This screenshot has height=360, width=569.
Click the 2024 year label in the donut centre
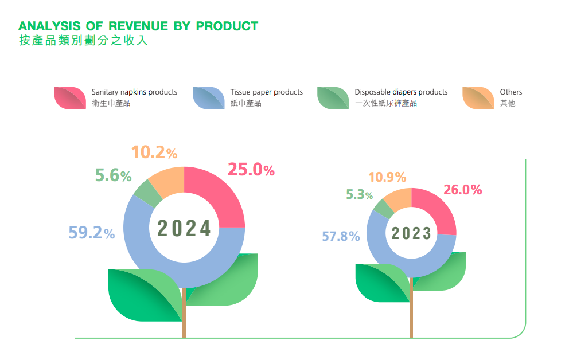[x=184, y=229]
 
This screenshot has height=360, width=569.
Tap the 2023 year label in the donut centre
[x=411, y=233]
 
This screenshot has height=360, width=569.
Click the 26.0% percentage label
[x=462, y=190]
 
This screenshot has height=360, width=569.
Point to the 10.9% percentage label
[x=387, y=177]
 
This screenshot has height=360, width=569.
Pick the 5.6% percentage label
[x=114, y=175]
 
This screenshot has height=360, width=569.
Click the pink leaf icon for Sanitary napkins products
[x=69, y=97]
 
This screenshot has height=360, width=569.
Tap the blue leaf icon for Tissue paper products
[x=208, y=97]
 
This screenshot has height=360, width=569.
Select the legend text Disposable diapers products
[x=401, y=92]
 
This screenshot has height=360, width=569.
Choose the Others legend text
[x=510, y=92]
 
